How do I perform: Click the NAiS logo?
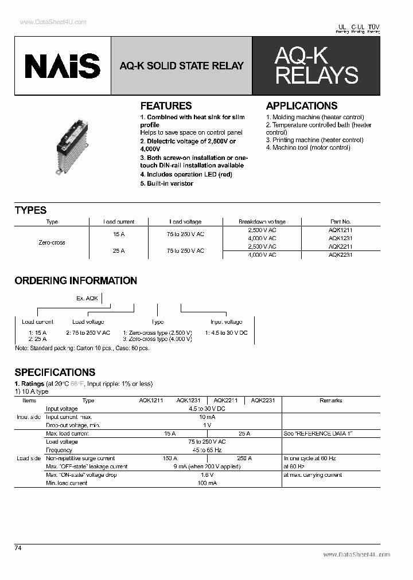coord(62,66)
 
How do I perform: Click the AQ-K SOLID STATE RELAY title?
coord(181,66)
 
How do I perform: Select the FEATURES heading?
coord(166,106)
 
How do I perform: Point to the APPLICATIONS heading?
coord(302,106)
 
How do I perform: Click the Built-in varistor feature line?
coord(167,183)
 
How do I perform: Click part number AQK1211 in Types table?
coord(340,230)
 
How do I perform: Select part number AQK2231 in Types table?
coord(340,254)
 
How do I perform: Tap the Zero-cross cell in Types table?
coord(52,242)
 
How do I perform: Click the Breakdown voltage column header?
coord(262,222)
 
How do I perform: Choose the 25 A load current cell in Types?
coord(119,250)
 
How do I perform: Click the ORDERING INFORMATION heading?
coord(76,281)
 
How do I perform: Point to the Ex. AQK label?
coord(88,299)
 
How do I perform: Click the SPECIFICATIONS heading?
coord(55,373)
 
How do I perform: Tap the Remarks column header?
coord(330,401)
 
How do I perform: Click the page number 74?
coord(18,548)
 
